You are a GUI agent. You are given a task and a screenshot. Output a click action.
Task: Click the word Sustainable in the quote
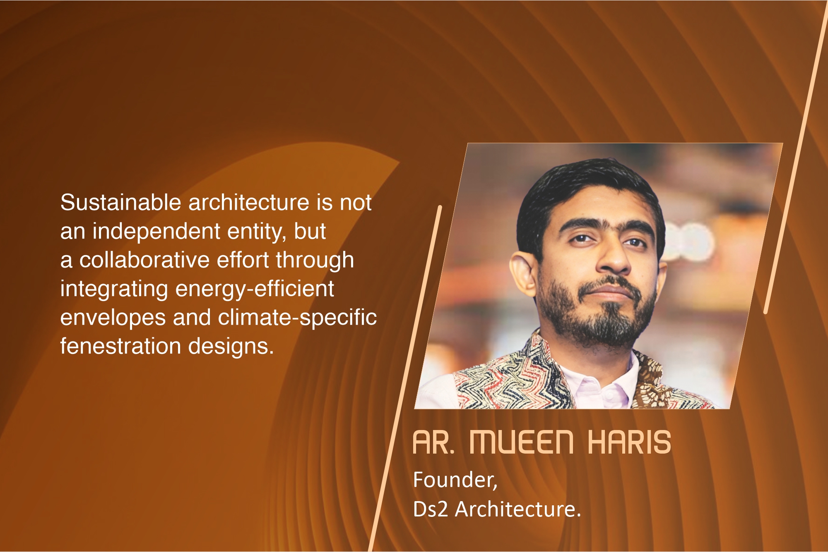click(120, 203)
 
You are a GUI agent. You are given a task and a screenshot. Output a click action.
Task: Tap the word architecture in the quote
click(249, 203)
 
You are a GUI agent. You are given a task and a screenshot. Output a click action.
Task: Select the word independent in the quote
click(156, 232)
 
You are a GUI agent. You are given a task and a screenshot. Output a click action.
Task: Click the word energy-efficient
click(255, 289)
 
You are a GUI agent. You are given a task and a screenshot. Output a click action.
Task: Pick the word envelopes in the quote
click(113, 318)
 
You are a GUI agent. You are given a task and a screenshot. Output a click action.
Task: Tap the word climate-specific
click(297, 318)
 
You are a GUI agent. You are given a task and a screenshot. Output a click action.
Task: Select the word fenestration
click(120, 346)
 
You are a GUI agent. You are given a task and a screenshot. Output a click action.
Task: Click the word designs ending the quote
click(231, 347)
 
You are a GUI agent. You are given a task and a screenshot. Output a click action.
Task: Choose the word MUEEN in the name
click(522, 442)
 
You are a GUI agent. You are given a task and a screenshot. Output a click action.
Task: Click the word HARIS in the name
click(629, 442)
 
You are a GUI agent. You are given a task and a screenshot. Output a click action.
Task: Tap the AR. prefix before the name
click(434, 442)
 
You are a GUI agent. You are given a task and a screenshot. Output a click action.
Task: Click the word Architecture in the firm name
click(518, 509)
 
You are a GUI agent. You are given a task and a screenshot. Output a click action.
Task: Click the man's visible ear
click(524, 273)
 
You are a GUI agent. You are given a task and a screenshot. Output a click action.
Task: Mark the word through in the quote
click(315, 261)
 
